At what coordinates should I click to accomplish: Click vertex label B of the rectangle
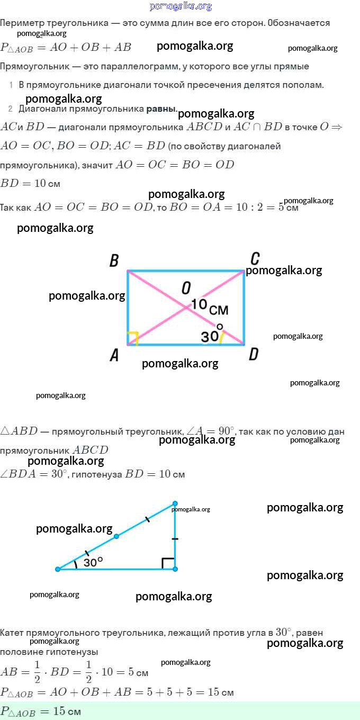[114, 260]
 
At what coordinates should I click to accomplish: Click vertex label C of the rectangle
[255, 259]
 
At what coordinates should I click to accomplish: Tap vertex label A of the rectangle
[114, 355]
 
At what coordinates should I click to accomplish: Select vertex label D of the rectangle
[254, 354]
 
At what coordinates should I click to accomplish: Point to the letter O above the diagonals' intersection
[186, 288]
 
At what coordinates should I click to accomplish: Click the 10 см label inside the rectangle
[210, 307]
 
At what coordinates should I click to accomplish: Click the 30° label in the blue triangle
[93, 562]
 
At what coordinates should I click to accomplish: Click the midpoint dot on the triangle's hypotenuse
[116, 536]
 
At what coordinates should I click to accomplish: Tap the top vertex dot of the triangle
[175, 503]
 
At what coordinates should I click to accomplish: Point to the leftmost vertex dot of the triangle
[58, 569]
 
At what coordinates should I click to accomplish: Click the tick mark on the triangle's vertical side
[175, 539]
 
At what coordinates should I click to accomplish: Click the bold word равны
[161, 109]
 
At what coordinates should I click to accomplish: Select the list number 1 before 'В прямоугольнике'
[11, 85]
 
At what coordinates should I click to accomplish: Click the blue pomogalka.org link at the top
[181, 6]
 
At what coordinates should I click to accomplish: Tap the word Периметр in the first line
[22, 23]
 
